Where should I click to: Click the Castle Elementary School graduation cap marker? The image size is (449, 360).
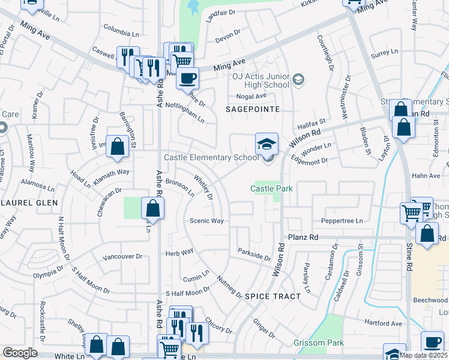pyautogui.click(x=267, y=143)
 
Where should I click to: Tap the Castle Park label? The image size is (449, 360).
pyautogui.click(x=271, y=188)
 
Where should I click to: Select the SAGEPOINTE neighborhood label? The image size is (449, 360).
pyautogui.click(x=253, y=109)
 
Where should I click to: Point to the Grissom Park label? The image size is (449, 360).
pyautogui.click(x=319, y=343)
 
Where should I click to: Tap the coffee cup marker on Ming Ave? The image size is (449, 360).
pyautogui.click(x=188, y=77)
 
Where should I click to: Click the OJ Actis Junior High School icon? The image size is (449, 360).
pyautogui.click(x=298, y=79)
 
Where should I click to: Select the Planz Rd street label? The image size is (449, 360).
pyautogui.click(x=303, y=237)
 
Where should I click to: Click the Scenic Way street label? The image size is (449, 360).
pyautogui.click(x=206, y=221)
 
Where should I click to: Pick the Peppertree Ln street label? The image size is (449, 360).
pyautogui.click(x=343, y=221)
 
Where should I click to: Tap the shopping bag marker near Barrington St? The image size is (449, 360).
pyautogui.click(x=118, y=146)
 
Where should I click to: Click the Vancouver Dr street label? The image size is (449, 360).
pyautogui.click(x=122, y=256)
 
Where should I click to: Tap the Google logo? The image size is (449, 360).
pyautogui.click(x=20, y=353)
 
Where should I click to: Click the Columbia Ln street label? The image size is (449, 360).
pyautogui.click(x=121, y=27)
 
